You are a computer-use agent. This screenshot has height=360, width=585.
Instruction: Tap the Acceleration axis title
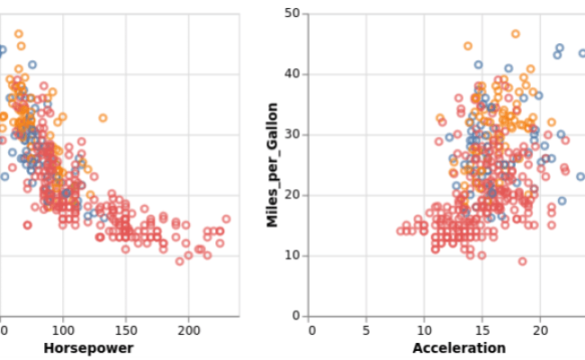point(459,348)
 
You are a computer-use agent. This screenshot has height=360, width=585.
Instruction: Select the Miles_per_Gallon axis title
point(272,164)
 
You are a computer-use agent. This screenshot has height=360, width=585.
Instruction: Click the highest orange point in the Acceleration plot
point(516,34)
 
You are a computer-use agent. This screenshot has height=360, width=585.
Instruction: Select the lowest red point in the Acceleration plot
point(522,261)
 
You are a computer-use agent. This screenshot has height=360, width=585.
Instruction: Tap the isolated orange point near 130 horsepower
point(103,118)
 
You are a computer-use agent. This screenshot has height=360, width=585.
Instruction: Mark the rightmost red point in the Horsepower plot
point(226,219)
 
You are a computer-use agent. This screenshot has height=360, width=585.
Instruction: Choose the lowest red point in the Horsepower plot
point(179,261)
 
